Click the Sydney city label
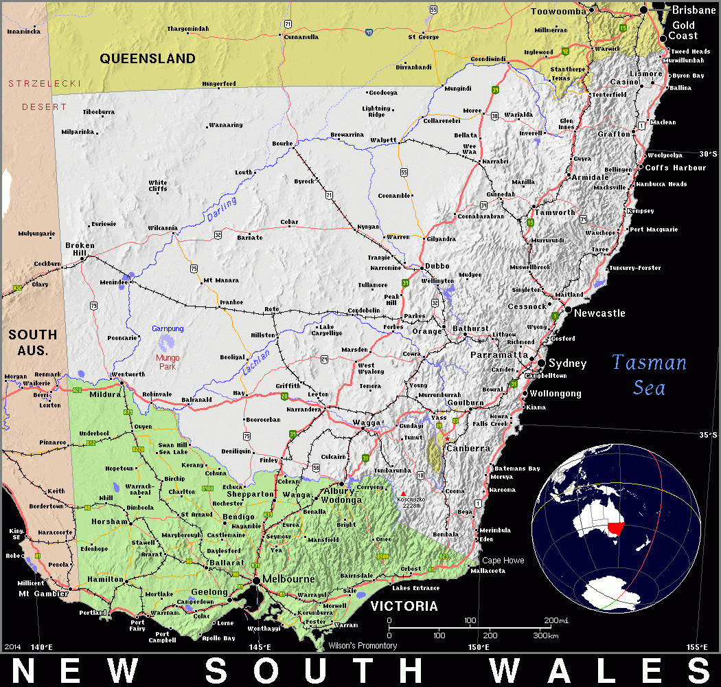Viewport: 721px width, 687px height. (x=568, y=363)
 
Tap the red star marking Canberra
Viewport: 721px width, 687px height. (x=447, y=438)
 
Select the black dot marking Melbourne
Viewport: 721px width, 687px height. (x=256, y=581)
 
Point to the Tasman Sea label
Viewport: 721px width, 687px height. (x=649, y=374)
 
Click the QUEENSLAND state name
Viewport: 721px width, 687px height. (x=148, y=58)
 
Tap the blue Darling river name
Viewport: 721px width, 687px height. (x=221, y=209)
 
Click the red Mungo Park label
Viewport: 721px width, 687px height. (x=168, y=362)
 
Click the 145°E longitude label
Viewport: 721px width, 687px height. (x=259, y=646)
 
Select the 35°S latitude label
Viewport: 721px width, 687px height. (x=708, y=434)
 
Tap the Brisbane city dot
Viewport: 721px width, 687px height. (x=643, y=10)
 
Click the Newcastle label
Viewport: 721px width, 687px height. (x=599, y=313)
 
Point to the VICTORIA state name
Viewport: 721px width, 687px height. (x=404, y=606)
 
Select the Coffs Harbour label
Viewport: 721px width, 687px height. (x=676, y=168)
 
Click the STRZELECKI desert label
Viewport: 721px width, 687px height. (x=45, y=83)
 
